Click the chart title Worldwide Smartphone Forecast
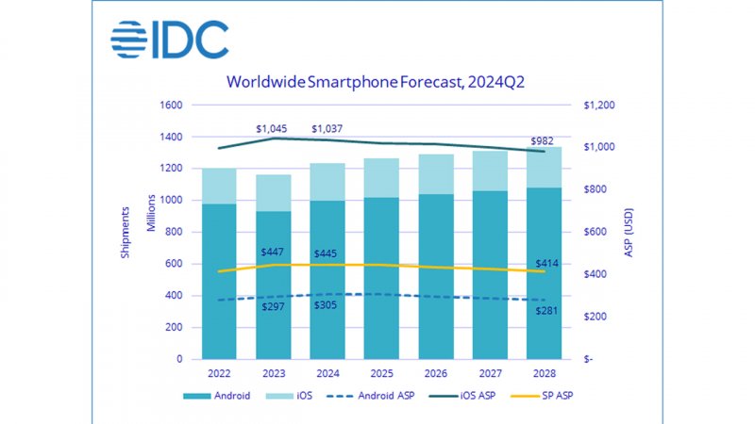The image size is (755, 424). pos(375,82)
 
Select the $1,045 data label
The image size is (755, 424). pos(273,128)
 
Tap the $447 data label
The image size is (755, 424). pos(273,253)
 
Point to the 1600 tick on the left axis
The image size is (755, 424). pos(170,106)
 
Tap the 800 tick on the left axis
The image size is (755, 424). pos(174,233)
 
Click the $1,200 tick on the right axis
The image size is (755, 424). pos(600,106)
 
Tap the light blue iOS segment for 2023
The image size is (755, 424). pos(273,192)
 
